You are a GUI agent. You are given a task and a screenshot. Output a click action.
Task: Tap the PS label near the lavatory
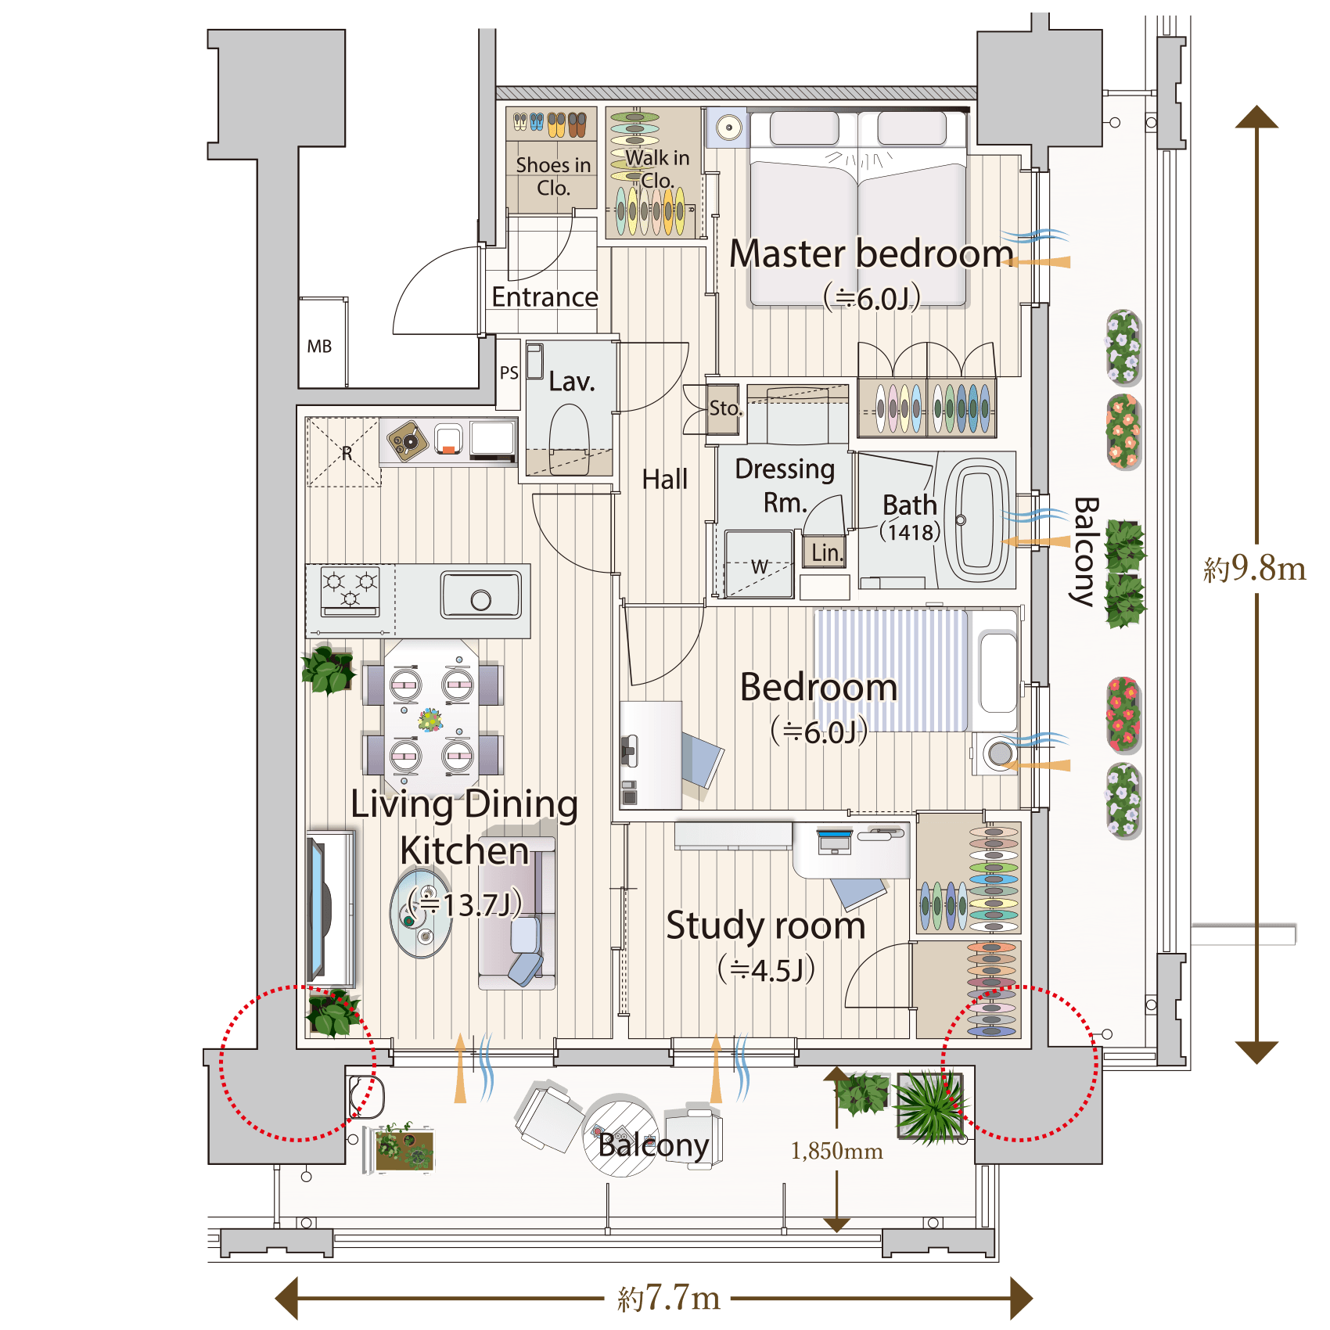pos(509,372)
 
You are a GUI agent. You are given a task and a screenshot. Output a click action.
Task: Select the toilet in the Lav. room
pos(570,438)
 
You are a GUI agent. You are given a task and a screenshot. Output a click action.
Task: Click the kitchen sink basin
pos(481,595)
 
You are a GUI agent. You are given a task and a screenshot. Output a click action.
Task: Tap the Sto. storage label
pos(724,408)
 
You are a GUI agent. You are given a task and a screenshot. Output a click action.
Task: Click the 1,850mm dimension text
pos(836,1151)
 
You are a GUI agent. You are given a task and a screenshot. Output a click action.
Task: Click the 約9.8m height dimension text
pos(1255,568)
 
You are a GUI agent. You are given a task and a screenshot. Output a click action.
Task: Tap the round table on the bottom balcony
pos(621,1135)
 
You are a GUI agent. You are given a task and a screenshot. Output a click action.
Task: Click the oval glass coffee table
pos(421,913)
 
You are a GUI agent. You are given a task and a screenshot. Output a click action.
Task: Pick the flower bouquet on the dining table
pos(430,719)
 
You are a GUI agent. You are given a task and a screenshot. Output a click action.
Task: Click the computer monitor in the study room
pos(834,842)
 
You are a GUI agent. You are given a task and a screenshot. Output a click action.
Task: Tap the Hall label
pos(665,479)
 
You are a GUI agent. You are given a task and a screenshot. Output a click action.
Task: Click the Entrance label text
pos(545,297)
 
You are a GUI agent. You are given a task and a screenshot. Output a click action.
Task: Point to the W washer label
pos(760,566)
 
